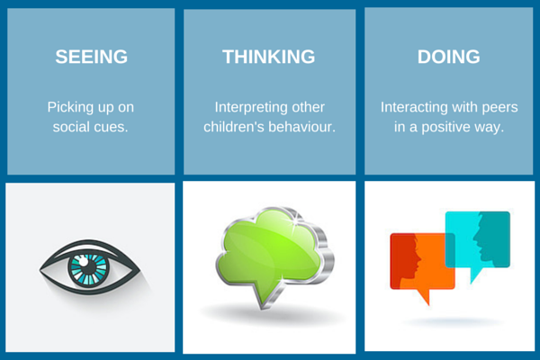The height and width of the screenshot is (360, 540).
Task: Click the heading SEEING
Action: click(x=91, y=57)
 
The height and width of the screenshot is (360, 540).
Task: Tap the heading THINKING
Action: click(x=268, y=57)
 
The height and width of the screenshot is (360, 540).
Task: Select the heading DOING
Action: click(x=448, y=57)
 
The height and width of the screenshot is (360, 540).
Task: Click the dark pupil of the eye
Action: click(x=90, y=268)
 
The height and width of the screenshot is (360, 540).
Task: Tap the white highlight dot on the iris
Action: click(x=84, y=262)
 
